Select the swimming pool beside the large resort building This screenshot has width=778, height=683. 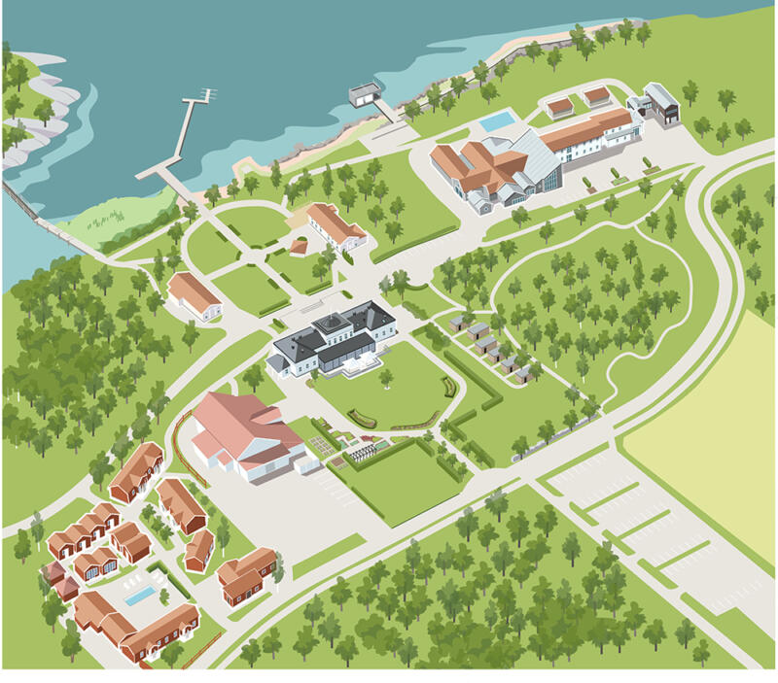(498, 121)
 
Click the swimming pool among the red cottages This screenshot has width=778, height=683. (141, 595)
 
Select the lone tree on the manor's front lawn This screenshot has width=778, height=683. (386, 377)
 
